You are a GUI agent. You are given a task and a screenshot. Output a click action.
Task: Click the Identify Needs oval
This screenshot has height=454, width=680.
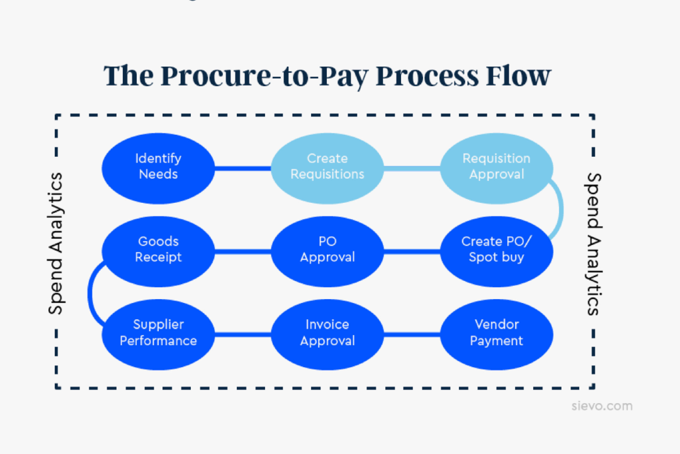(158, 168)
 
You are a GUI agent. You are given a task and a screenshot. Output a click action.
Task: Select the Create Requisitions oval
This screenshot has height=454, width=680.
(327, 168)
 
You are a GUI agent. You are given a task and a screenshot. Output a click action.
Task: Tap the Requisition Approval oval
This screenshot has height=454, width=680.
(496, 168)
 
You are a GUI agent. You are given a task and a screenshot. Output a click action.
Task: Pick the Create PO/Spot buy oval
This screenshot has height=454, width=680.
(496, 251)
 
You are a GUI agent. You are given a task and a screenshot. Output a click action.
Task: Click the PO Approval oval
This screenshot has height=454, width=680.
(327, 251)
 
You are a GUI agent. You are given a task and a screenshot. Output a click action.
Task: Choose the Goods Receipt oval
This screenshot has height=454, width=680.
(158, 251)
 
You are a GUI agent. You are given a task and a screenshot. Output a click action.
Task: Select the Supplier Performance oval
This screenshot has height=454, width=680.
(158, 334)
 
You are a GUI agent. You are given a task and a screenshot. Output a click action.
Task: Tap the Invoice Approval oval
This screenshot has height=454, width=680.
(327, 334)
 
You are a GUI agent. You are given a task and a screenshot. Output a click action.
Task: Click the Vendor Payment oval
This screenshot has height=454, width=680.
(496, 334)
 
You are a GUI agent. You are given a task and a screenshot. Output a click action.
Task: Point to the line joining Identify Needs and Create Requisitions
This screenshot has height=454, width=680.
(243, 168)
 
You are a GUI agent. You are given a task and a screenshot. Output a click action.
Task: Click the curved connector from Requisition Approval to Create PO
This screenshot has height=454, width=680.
(561, 210)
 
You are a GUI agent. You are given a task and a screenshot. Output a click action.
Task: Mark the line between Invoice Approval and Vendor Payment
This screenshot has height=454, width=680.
(412, 335)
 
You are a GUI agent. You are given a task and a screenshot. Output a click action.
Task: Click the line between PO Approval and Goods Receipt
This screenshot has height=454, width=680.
(243, 251)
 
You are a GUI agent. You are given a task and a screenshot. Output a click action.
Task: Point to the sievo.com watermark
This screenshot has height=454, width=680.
(602, 406)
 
